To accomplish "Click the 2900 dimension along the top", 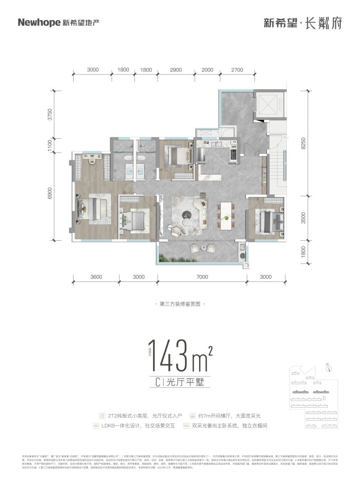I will tap(176, 70).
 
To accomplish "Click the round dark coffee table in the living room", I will tap(187, 214).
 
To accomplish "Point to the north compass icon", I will tap(328, 367).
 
